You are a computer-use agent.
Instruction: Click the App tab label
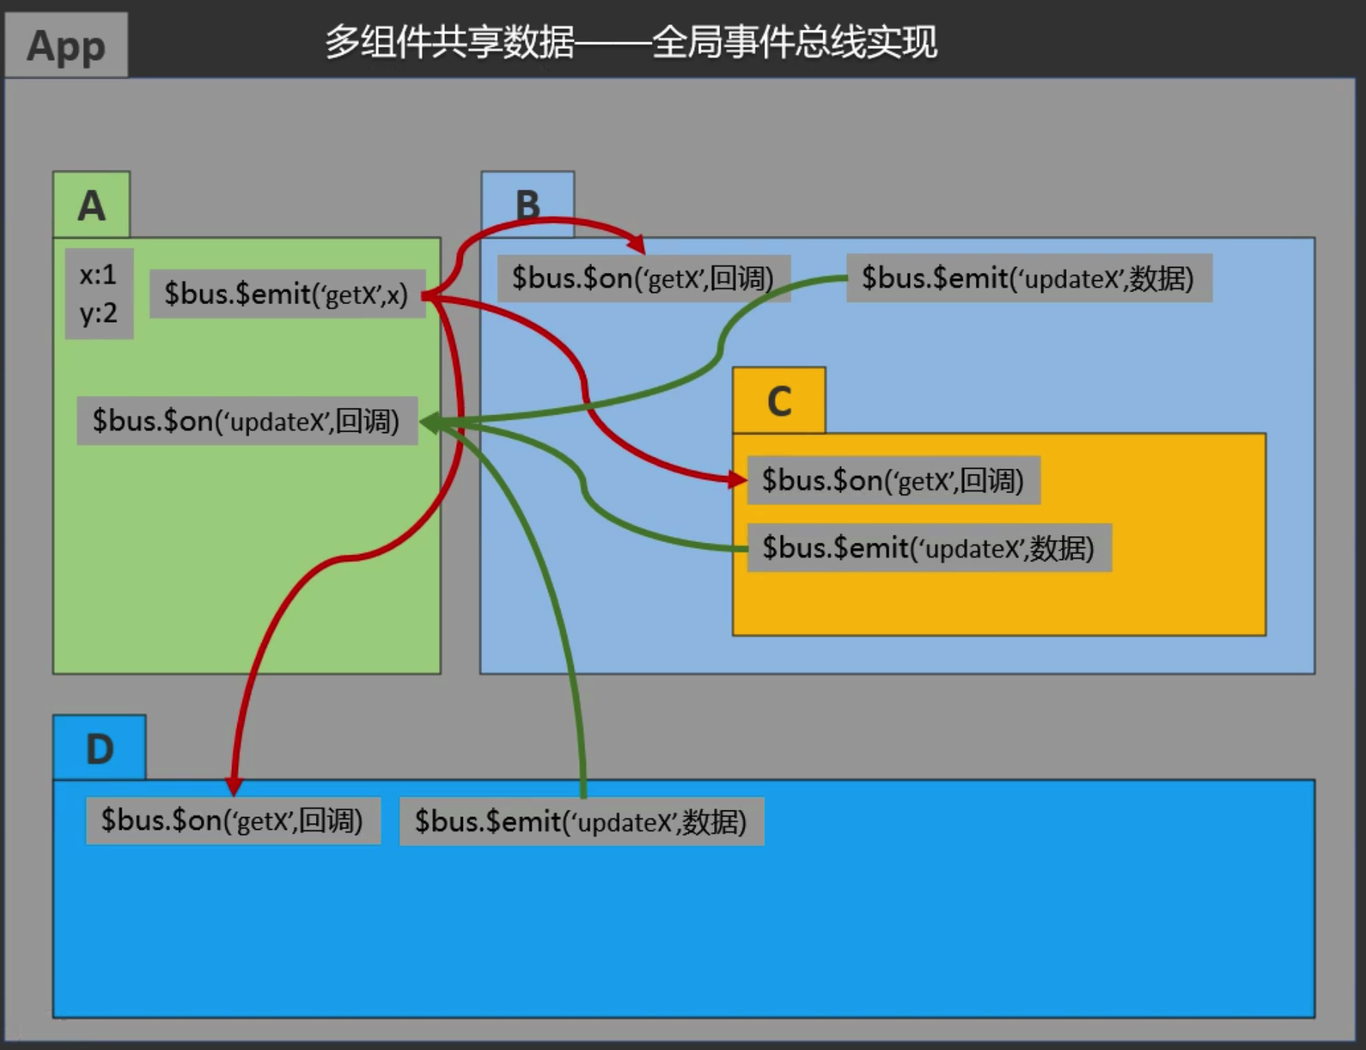[66, 46]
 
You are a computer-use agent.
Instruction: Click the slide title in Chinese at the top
[631, 42]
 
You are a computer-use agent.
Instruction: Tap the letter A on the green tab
[91, 205]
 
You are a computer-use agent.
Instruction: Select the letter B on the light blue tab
[527, 205]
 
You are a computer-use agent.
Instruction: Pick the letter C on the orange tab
[779, 401]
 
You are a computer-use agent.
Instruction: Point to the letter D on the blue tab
[99, 748]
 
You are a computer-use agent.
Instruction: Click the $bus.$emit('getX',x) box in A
[287, 294]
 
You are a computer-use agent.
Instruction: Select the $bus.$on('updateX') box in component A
[247, 421]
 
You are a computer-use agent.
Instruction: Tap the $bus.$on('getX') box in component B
[643, 279]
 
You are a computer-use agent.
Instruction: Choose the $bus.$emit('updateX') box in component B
[1029, 279]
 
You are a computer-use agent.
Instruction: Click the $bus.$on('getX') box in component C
[893, 481]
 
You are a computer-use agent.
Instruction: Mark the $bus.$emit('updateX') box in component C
[928, 549]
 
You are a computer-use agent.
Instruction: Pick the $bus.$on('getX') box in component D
[233, 821]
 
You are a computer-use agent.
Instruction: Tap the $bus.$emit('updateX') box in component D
[581, 822]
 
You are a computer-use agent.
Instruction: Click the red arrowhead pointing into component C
[737, 480]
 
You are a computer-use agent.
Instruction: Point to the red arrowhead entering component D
[234, 785]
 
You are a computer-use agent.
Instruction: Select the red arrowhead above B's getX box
[636, 243]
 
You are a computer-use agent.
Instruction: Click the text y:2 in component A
[99, 314]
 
